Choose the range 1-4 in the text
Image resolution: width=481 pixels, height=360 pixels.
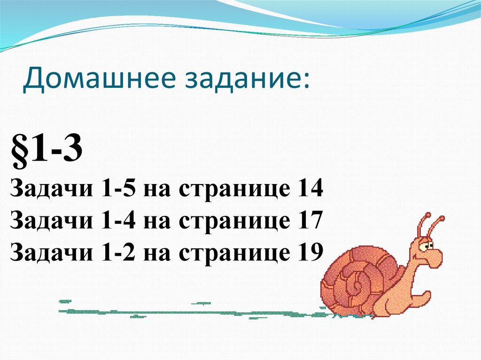(118, 221)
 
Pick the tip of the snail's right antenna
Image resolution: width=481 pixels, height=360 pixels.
(442, 219)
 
